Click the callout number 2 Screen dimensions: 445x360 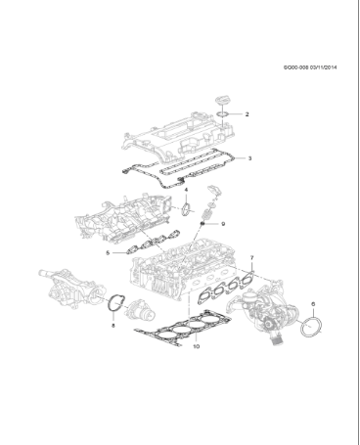coord(247,114)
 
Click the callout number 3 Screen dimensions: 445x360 coord(249,158)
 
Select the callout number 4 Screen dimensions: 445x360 coord(186,190)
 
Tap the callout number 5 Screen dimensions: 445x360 coord(110,252)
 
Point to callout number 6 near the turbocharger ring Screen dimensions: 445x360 coord(312,303)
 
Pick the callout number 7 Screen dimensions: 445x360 coord(251,259)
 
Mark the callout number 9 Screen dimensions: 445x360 coord(224,224)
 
